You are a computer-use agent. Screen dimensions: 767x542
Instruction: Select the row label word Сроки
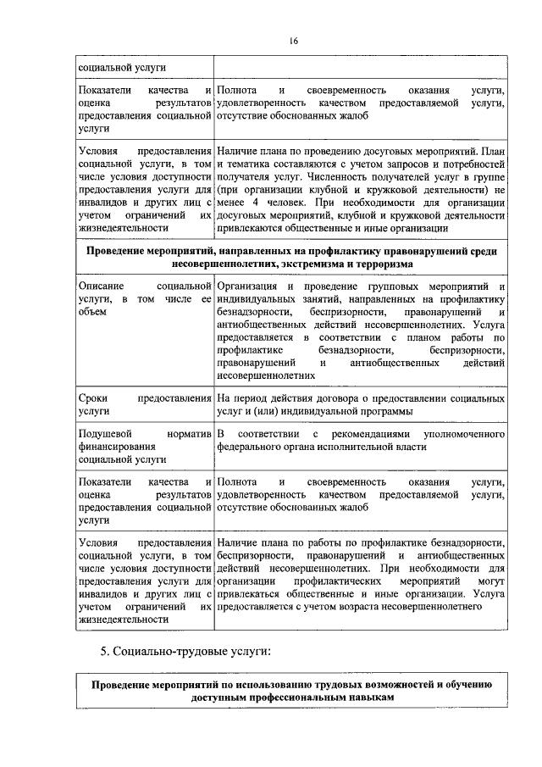point(91,397)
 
